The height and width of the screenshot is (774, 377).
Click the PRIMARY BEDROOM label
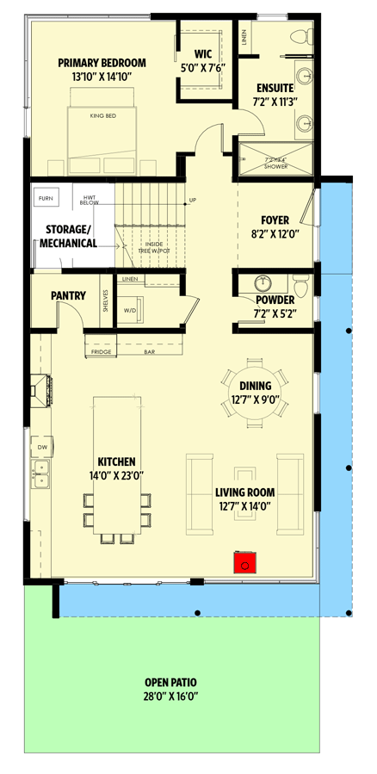(x=102, y=63)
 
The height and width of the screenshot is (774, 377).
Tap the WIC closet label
(x=203, y=53)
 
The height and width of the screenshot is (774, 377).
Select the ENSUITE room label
(x=275, y=88)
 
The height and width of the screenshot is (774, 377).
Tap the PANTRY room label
(x=68, y=295)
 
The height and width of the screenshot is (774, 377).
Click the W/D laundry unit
(x=131, y=310)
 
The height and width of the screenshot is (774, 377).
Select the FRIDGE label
(x=101, y=351)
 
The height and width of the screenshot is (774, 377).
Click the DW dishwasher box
(x=40, y=448)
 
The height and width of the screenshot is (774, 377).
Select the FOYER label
(x=275, y=220)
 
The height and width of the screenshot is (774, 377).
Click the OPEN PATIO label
(x=170, y=682)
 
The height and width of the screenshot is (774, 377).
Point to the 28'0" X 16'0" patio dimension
(x=170, y=697)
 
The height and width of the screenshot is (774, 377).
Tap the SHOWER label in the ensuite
(x=275, y=166)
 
